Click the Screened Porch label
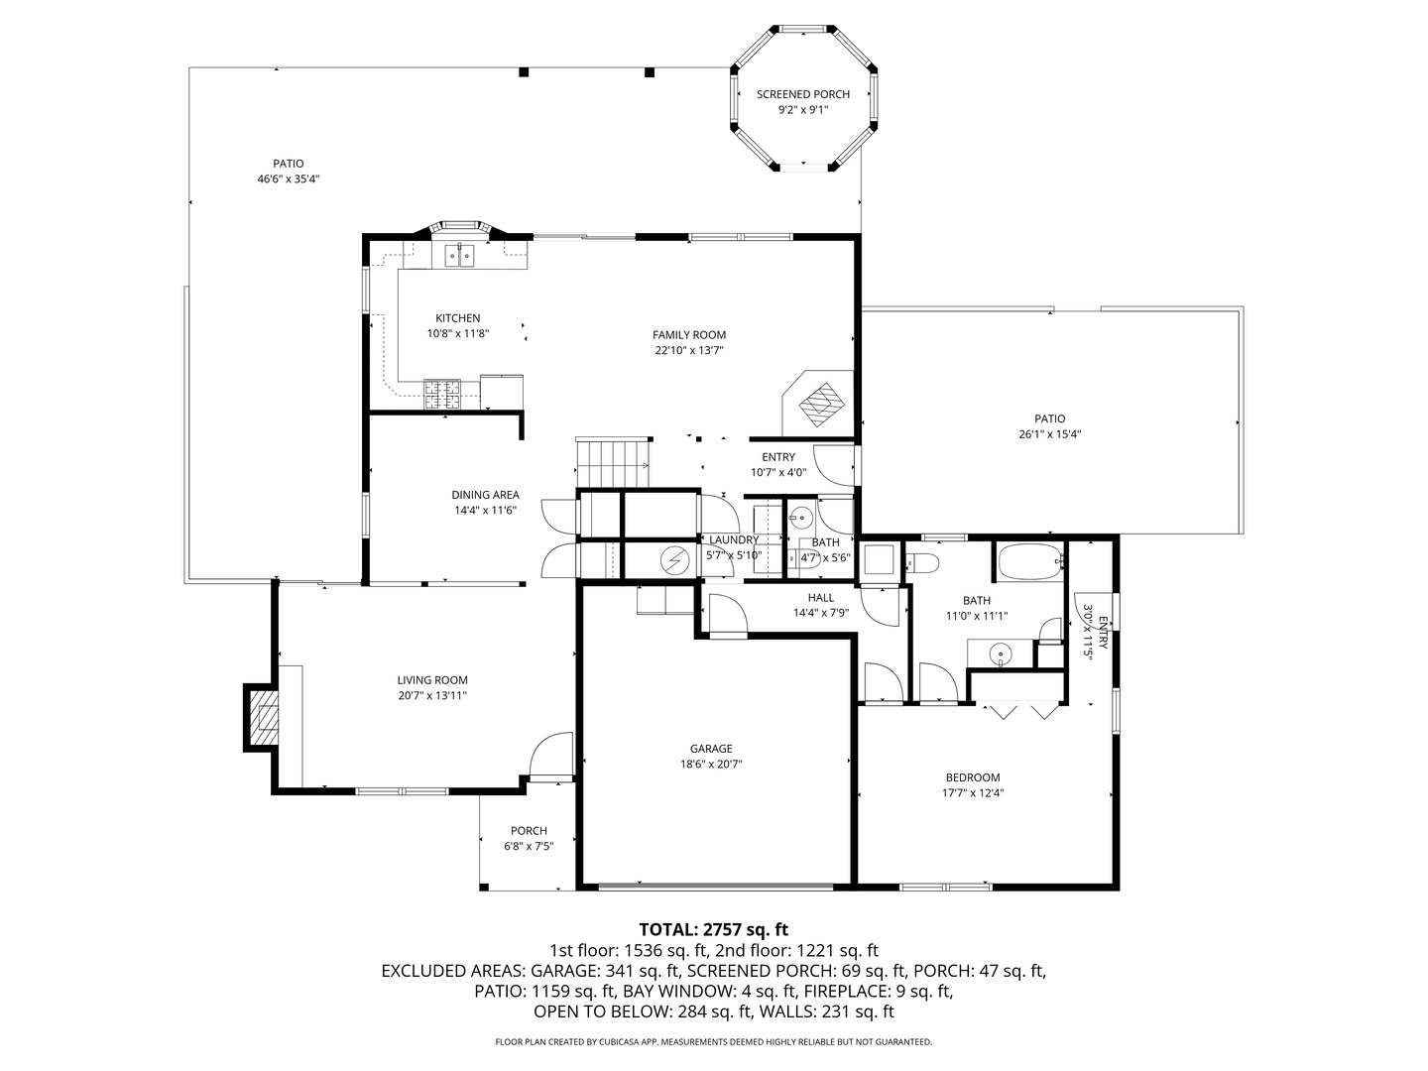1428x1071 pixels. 802,94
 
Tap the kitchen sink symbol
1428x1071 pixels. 458,255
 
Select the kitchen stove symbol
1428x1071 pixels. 443,395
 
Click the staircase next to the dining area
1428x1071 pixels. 613,463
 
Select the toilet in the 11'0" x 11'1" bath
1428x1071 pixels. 923,563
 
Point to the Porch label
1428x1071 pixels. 529,831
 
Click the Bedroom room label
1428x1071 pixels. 972,777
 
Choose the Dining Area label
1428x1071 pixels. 485,495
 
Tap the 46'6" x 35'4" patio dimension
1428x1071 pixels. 288,179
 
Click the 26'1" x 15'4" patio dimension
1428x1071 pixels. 1049,434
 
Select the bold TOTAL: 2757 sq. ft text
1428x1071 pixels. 713,929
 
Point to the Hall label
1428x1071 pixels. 820,598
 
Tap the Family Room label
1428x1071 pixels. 688,335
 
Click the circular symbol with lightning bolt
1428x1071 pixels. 674,560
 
